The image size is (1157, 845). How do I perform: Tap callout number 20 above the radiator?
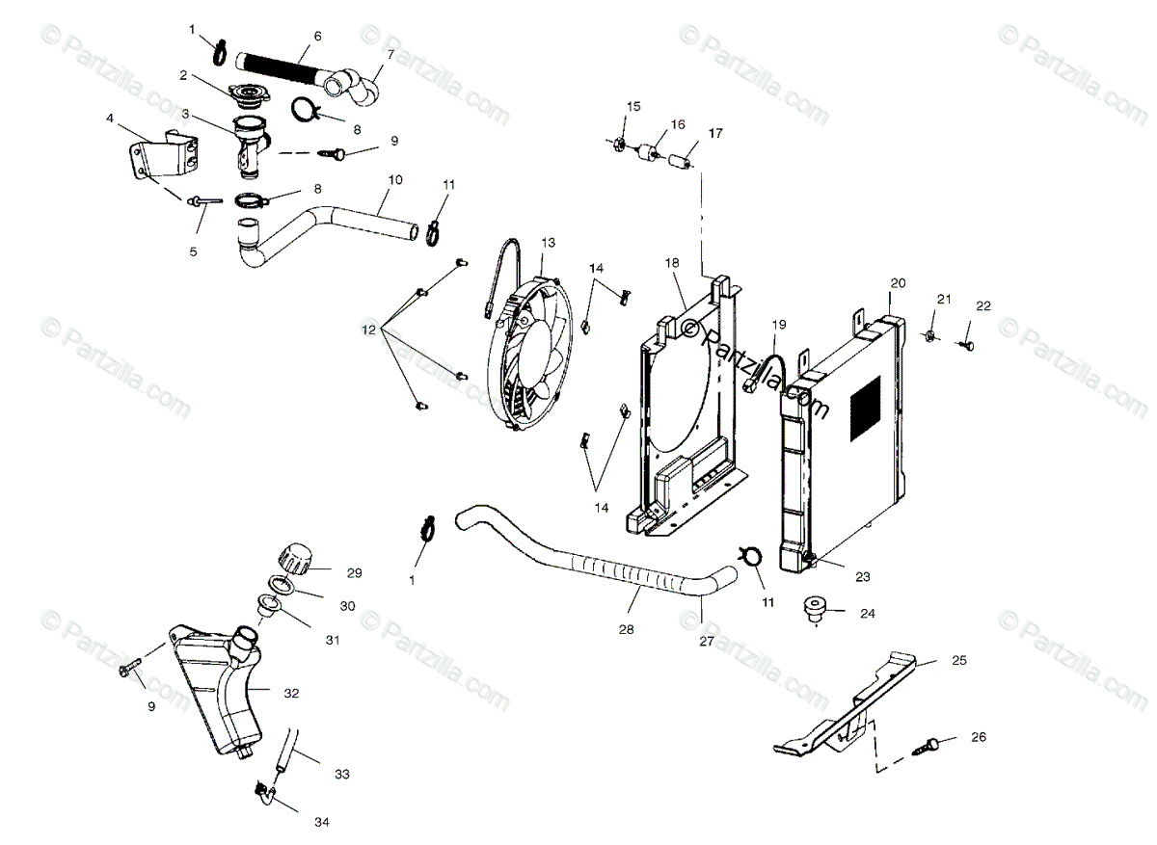coord(898,283)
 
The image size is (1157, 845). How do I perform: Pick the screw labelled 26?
coord(933,744)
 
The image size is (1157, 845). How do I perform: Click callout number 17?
coord(715,132)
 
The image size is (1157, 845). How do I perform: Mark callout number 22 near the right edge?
coord(982,306)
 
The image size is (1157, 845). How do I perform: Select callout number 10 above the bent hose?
coord(395,179)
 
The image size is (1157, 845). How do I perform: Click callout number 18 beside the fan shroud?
coord(672,263)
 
